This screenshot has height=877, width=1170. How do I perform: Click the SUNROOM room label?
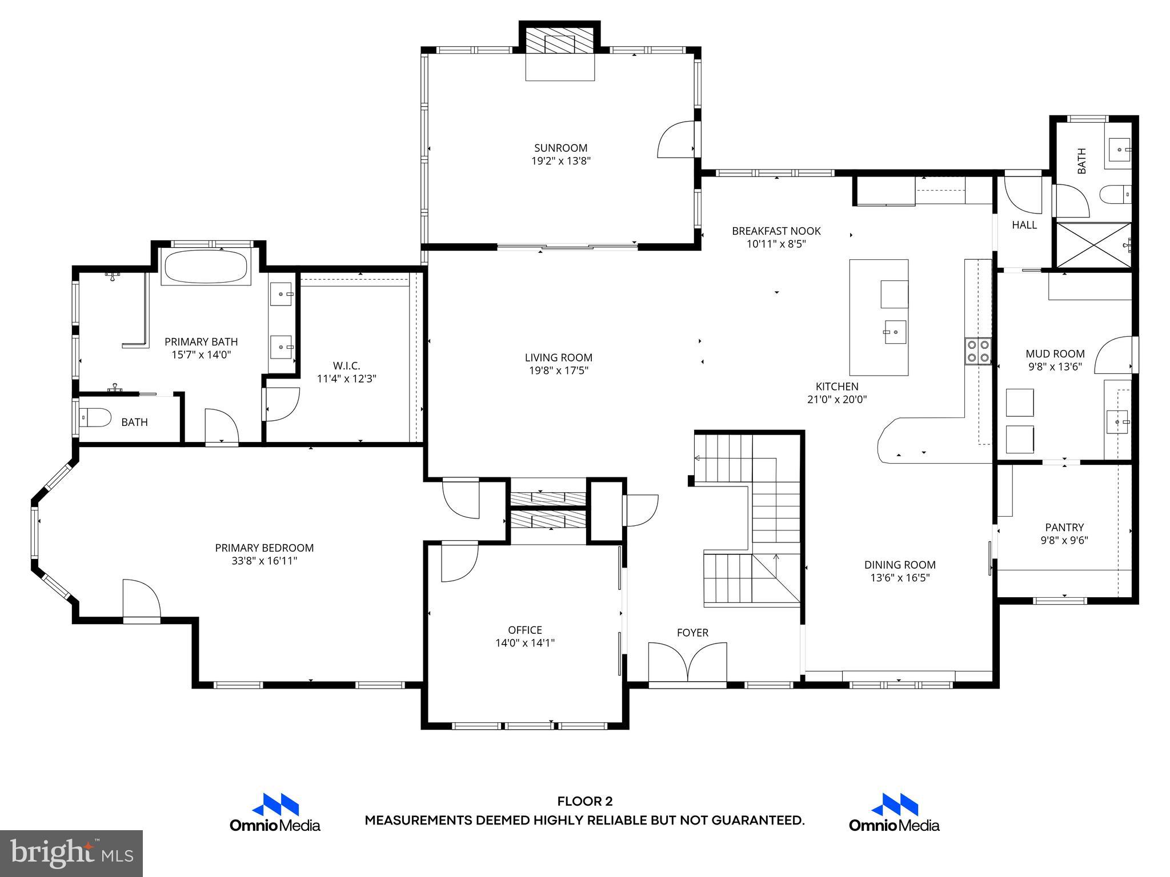click(560, 148)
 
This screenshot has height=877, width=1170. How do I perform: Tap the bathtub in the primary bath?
click(206, 267)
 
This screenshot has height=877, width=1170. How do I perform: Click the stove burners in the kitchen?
click(977, 352)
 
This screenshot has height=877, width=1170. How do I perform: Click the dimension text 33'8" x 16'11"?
click(264, 561)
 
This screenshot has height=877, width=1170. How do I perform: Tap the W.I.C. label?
click(346, 366)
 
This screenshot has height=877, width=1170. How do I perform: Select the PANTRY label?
click(1064, 528)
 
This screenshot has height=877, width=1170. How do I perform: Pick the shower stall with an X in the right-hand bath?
click(1092, 245)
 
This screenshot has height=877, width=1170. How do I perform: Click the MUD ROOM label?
click(1055, 354)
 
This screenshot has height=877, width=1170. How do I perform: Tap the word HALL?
click(1024, 225)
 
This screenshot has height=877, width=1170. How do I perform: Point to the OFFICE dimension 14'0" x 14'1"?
click(524, 643)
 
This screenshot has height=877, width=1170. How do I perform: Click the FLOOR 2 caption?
click(584, 802)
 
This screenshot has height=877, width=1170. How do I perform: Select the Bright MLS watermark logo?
click(71, 853)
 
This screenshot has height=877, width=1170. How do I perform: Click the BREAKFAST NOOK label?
click(776, 231)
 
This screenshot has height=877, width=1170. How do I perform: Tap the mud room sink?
click(1117, 422)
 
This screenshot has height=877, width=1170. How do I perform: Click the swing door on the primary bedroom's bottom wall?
click(141, 600)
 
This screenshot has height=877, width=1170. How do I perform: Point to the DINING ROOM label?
click(899, 565)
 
